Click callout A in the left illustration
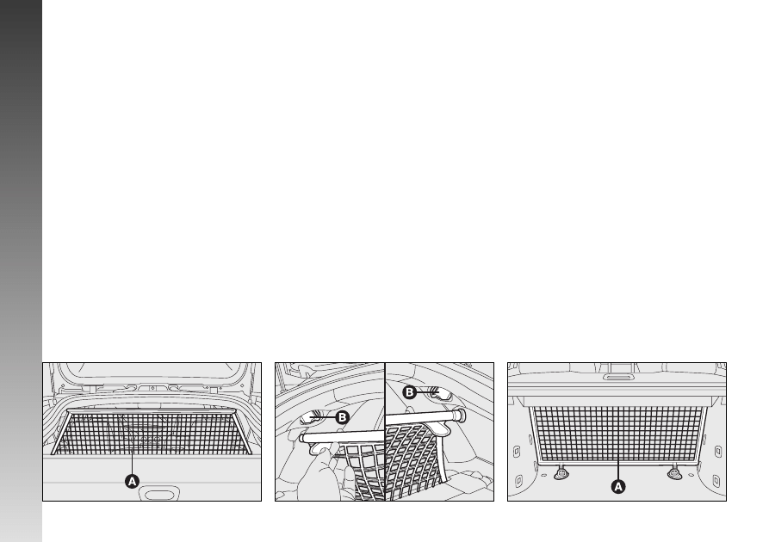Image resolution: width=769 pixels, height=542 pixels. pos(132,482)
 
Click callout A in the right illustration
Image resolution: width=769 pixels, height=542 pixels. pos(618,487)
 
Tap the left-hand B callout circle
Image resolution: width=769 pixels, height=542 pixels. pos(343,417)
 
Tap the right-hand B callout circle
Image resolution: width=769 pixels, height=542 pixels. pos(410,392)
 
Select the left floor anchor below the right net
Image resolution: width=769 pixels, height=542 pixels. pos(561,473)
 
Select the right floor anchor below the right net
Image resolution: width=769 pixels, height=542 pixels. pos(675,473)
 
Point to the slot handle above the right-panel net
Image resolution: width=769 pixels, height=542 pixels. pos(617,377)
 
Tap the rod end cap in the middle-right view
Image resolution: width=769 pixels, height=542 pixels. pos(460,416)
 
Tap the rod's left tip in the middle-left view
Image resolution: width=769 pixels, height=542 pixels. pos(302,438)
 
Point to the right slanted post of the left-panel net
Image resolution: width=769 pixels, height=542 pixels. pos(241,432)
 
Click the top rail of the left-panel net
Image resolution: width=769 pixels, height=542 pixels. pos(151,410)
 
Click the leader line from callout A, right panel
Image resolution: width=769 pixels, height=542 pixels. pos(618,471)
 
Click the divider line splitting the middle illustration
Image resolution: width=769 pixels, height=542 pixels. pos(385,432)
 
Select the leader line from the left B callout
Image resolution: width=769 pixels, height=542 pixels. pos(323,417)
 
